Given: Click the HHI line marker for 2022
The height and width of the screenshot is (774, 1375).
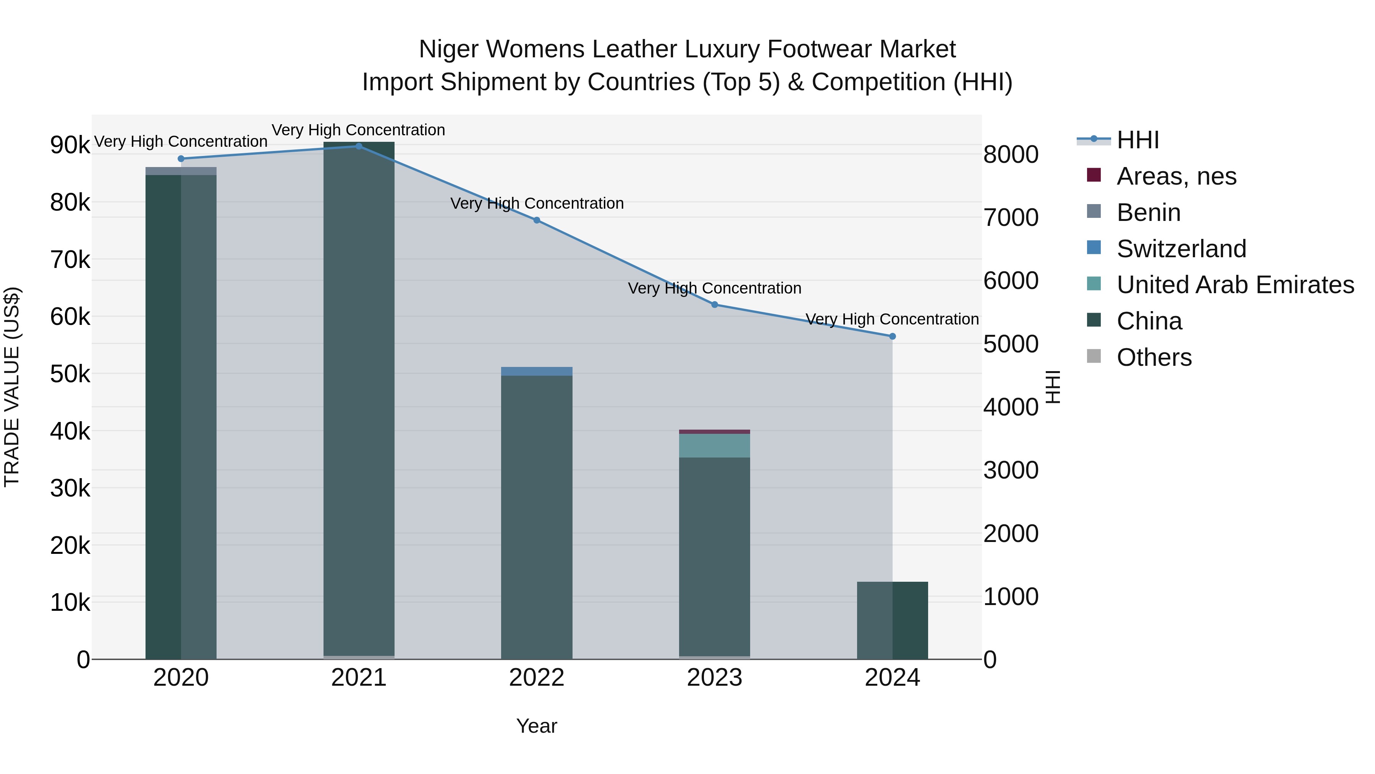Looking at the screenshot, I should tap(537, 220).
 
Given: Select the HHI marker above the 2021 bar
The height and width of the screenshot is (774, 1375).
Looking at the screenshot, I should tap(359, 146).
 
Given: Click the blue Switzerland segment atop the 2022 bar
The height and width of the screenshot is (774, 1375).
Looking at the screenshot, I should tap(537, 371).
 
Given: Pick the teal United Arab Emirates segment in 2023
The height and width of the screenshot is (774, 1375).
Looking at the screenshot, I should tap(714, 446).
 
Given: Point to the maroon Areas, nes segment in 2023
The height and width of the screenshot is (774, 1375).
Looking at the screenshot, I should tap(714, 432).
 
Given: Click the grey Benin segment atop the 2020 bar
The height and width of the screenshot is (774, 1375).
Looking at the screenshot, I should tap(181, 171).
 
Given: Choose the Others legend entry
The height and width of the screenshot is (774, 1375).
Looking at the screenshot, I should tap(1153, 357).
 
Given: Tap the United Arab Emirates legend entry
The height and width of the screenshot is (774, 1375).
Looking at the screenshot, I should tap(1234, 285).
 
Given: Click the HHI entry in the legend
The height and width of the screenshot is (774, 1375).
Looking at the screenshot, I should tap(1137, 140).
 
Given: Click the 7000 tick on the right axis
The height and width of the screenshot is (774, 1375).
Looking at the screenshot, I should tap(1010, 217).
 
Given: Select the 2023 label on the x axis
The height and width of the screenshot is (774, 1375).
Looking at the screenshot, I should tap(714, 678).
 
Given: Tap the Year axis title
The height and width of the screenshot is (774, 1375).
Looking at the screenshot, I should tap(537, 726).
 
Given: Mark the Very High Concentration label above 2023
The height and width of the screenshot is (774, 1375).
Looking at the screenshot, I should tap(714, 289).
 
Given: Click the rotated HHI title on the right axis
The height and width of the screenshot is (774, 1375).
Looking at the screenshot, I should tap(1052, 387).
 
